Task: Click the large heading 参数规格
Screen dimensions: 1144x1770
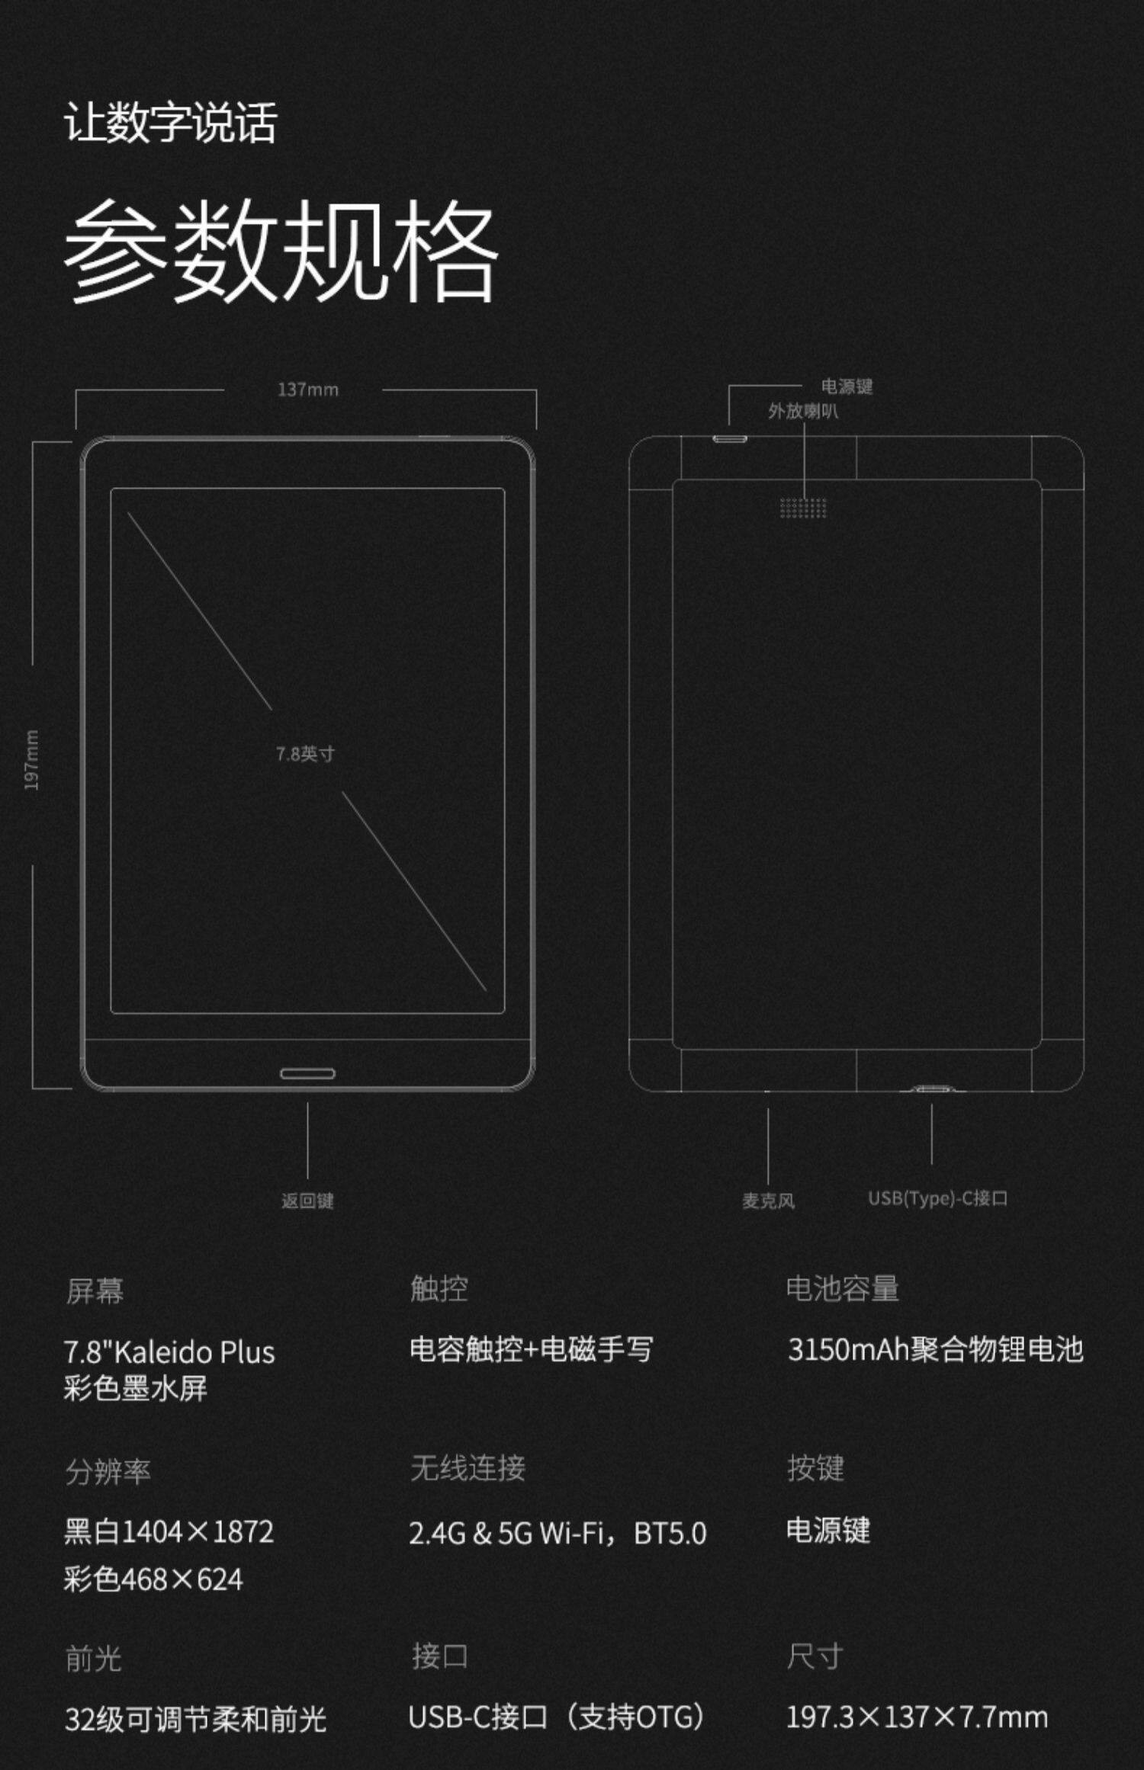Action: tap(281, 250)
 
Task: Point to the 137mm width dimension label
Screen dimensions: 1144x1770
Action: tap(307, 390)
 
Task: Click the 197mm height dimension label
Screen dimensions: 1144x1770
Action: tap(32, 760)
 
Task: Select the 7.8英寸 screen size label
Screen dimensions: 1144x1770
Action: tap(305, 754)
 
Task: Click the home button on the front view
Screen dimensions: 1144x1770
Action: tap(307, 1073)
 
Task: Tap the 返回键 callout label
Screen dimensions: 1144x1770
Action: tap(307, 1201)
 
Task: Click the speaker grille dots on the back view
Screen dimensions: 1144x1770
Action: tap(803, 508)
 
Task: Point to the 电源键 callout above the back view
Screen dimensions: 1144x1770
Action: tap(847, 386)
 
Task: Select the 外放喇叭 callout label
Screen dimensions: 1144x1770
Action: tap(803, 412)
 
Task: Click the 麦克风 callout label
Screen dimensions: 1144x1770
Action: tap(768, 1201)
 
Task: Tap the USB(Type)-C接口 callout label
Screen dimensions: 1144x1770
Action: tap(937, 1198)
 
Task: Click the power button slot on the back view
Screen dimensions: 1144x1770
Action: tap(730, 439)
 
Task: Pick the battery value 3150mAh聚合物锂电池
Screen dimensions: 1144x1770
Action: tap(935, 1349)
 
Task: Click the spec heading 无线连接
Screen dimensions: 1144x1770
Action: tap(468, 1467)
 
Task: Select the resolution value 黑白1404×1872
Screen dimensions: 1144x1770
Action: tap(169, 1531)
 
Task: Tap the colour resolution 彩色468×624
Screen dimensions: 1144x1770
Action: tap(153, 1579)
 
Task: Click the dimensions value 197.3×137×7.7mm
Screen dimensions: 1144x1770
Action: tap(917, 1717)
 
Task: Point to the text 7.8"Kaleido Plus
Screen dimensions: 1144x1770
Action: tap(169, 1352)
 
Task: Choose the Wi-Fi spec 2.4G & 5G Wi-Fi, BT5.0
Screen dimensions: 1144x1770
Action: tap(558, 1533)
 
